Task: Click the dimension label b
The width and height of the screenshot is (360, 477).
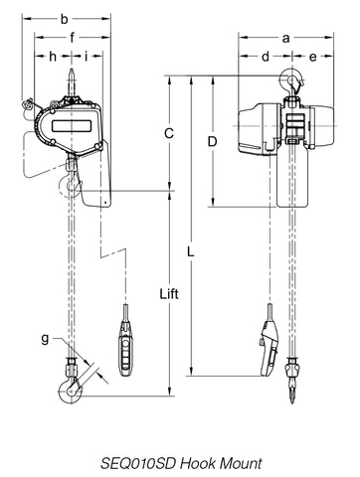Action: point(64,19)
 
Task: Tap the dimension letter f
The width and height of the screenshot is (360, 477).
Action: point(72,37)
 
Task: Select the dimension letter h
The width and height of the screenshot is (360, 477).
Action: point(53,57)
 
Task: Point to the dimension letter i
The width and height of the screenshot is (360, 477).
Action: point(86,57)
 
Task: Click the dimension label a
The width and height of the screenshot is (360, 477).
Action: point(285,39)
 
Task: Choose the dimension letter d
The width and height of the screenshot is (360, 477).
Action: point(266,57)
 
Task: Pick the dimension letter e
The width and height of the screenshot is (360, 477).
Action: point(312,58)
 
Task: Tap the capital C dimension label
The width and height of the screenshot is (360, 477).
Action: point(169,133)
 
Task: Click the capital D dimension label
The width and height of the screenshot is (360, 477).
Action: point(212,142)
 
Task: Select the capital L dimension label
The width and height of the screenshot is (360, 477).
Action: point(190,252)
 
